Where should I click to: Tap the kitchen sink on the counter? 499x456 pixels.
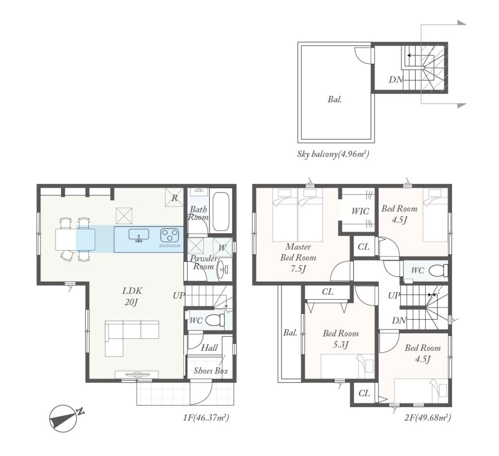[139, 235]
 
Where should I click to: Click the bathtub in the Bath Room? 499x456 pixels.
[220, 211]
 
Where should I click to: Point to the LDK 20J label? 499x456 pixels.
[132, 296]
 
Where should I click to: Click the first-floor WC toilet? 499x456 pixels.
[214, 320]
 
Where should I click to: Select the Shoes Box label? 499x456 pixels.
[211, 371]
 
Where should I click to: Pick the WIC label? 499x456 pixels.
[360, 211]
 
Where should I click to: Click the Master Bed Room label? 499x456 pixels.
[298, 252]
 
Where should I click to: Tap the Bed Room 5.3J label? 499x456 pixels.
[341, 339]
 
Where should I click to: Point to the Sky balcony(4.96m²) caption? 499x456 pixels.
[333, 155]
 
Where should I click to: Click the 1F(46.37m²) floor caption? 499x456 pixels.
[206, 417]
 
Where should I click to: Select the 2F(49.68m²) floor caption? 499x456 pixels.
[428, 417]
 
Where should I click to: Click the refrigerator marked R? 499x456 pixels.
[174, 197]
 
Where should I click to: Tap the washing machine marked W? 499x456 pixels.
[223, 247]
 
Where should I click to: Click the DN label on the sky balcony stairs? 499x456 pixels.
[396, 80]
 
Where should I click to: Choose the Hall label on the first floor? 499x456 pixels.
[209, 348]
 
